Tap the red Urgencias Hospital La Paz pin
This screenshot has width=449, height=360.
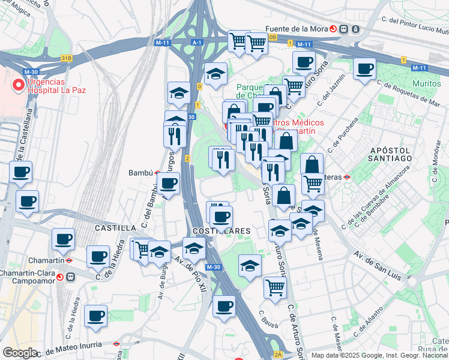point(19,86)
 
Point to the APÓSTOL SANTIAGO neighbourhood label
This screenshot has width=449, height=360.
point(390,154)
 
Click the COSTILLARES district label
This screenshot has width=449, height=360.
point(221,230)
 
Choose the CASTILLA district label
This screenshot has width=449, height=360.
point(115,228)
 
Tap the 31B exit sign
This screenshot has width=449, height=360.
point(66,58)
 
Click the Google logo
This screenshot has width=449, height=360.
point(20,353)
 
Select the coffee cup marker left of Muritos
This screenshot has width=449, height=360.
point(364,70)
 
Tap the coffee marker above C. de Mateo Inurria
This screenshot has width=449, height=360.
point(95,316)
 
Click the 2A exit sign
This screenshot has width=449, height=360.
point(278,355)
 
